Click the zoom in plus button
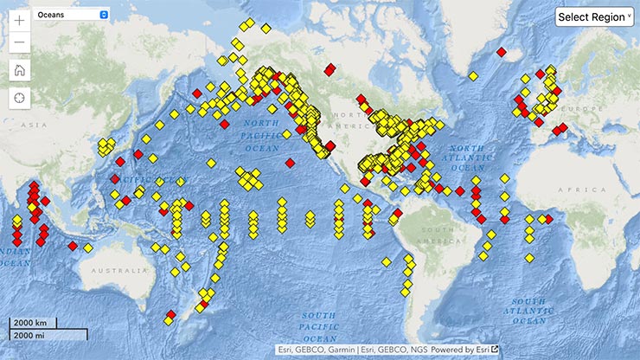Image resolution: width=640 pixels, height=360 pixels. pyautogui.click(x=19, y=19)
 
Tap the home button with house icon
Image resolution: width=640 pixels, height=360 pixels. pyautogui.click(x=19, y=70)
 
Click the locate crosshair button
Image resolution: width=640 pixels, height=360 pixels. pyautogui.click(x=19, y=97)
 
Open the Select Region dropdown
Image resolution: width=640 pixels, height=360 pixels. pyautogui.click(x=594, y=17)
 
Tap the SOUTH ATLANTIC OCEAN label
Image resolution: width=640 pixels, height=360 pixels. pyautogui.click(x=526, y=307)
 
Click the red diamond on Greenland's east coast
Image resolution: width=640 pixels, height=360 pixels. pyautogui.click(x=501, y=52)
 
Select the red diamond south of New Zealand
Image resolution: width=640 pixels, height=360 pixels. pyautogui.click(x=171, y=314)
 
